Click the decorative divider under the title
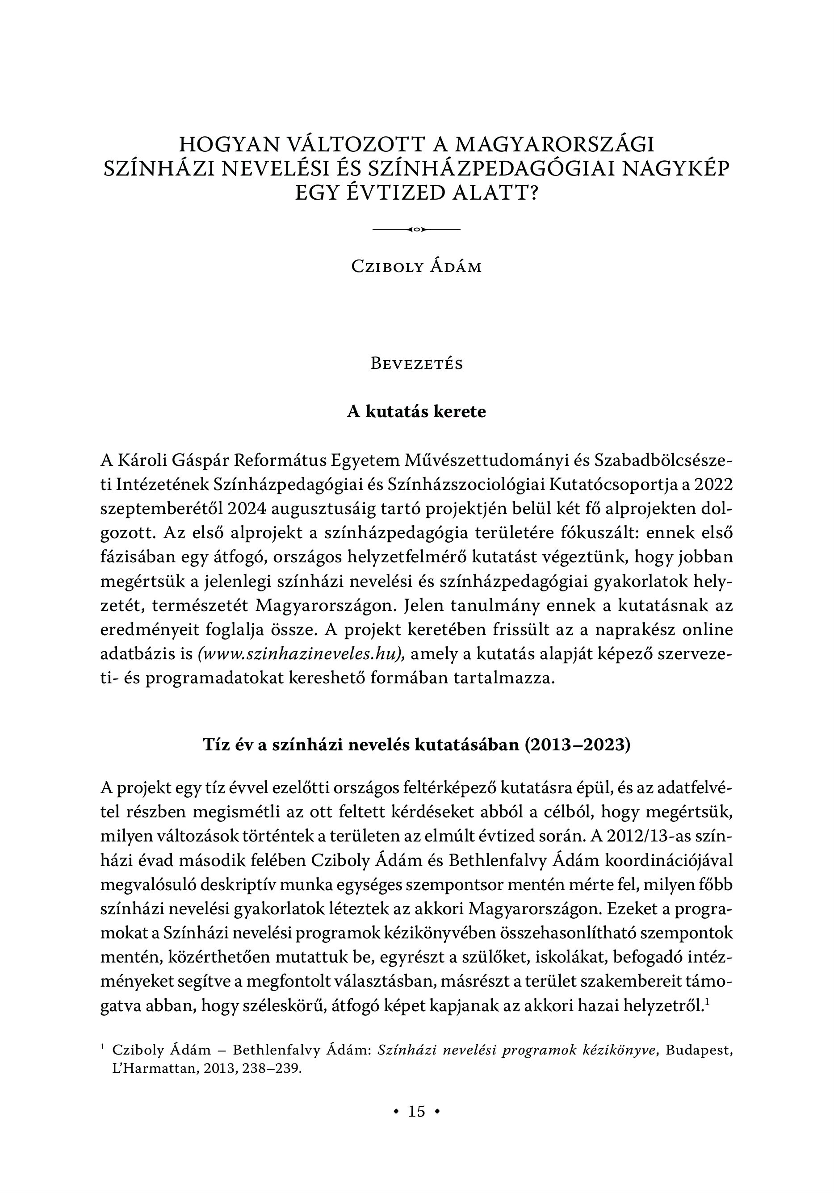click(x=417, y=229)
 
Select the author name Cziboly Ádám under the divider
click(x=417, y=267)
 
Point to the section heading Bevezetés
click(x=417, y=364)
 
